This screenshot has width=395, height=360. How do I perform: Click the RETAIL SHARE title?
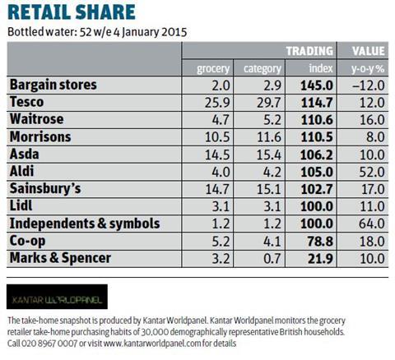(x=72, y=12)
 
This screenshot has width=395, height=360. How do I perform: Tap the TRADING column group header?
(x=309, y=51)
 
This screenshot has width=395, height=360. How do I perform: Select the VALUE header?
(x=369, y=51)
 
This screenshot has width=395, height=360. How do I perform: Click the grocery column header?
(x=213, y=68)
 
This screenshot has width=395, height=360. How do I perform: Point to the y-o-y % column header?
(x=368, y=69)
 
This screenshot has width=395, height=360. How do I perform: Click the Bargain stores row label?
(x=53, y=85)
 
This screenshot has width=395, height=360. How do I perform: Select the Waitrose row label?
(x=37, y=119)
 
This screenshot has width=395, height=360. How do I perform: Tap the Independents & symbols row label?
(x=85, y=224)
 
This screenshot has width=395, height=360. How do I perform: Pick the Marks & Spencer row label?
(x=60, y=258)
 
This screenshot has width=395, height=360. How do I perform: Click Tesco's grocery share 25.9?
(x=217, y=103)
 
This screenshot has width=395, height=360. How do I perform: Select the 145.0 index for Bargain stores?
(x=317, y=85)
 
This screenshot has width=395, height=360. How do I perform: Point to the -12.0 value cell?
(x=369, y=85)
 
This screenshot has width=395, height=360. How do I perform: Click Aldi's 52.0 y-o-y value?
(x=372, y=172)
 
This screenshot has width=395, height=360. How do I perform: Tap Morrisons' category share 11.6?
(x=269, y=137)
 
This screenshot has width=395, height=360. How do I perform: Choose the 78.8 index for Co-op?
(x=320, y=242)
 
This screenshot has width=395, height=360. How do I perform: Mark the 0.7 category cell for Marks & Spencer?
(x=272, y=259)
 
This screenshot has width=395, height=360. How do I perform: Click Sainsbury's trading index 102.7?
(x=317, y=189)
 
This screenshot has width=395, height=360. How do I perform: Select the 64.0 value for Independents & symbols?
(x=372, y=224)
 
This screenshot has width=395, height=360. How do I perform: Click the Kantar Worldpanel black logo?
(x=57, y=297)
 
